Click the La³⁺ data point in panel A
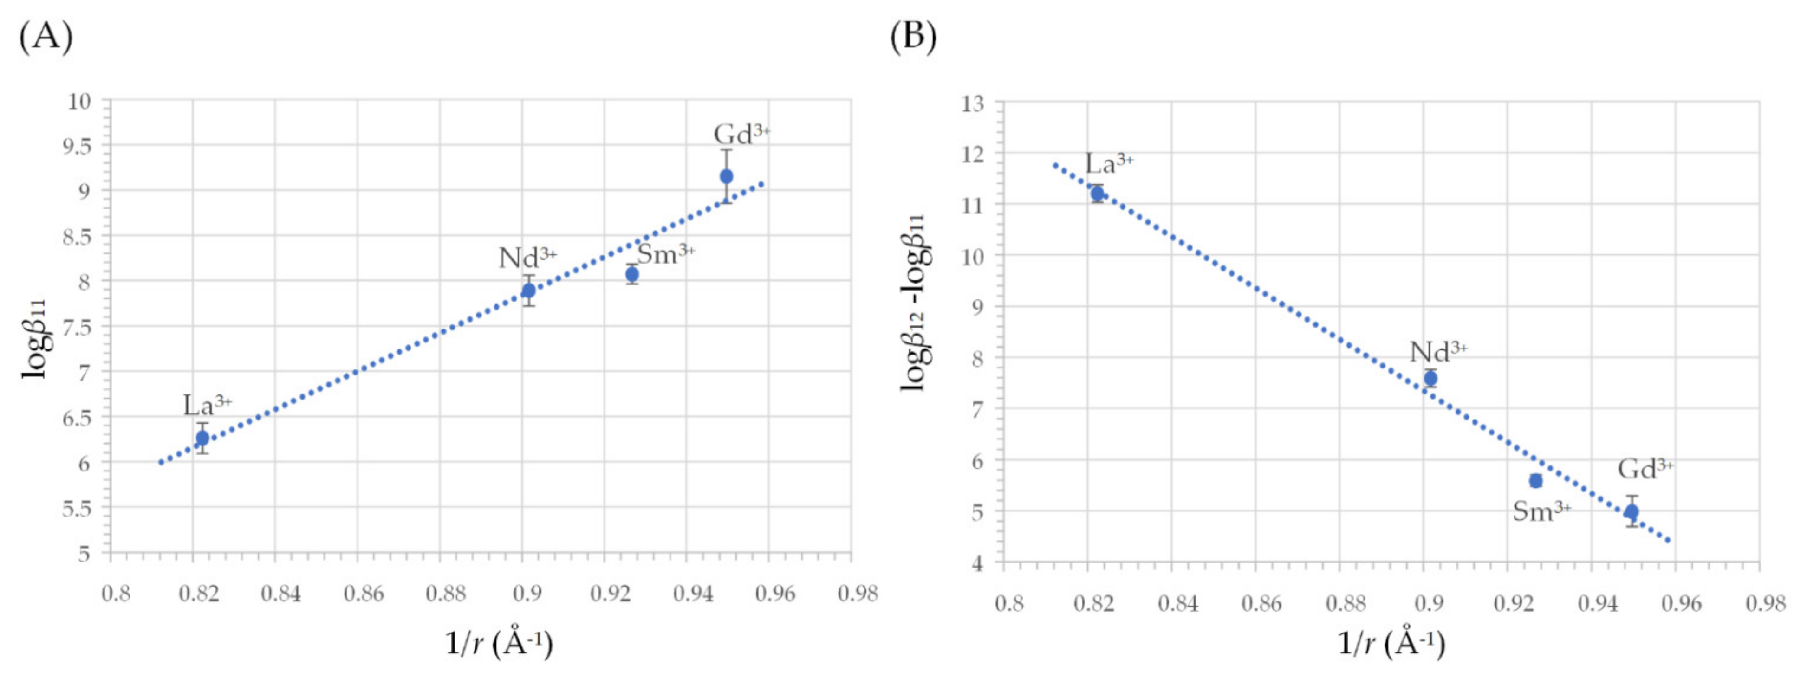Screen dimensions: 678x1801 coord(202,438)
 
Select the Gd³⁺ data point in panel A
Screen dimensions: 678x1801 coord(727,176)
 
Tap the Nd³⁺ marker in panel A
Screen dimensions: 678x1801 coord(528,290)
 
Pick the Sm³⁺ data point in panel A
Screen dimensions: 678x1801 coord(632,274)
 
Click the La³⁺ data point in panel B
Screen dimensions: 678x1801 coord(1097,194)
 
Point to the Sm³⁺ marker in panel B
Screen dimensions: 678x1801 coord(1536,481)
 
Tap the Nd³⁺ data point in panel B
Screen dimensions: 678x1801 coord(1430,378)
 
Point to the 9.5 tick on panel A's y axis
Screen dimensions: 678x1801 coord(78,145)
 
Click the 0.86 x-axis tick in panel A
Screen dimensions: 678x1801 coord(364,594)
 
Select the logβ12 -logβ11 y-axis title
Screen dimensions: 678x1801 coord(915,302)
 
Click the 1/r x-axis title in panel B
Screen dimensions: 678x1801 coord(1391,643)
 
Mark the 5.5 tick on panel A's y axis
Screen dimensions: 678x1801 coord(78,508)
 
